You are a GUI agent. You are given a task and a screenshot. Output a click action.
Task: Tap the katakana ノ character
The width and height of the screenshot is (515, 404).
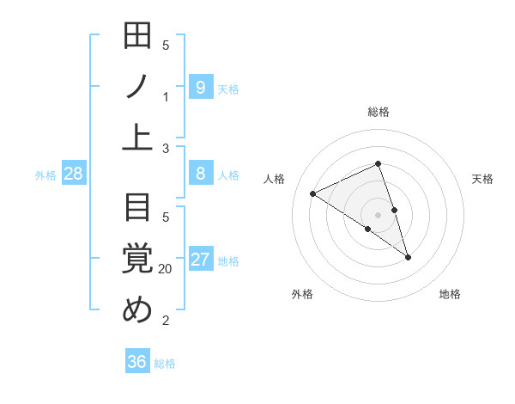[x=137, y=87]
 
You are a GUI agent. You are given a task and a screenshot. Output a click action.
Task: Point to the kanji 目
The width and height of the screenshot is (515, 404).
[x=137, y=207]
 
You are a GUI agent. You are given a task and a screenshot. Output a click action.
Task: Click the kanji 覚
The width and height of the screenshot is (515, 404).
[x=137, y=259]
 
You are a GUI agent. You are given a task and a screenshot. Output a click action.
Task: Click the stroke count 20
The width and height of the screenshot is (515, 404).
[x=166, y=269]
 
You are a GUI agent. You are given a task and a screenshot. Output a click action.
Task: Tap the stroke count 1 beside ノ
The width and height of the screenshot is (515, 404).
[x=166, y=97]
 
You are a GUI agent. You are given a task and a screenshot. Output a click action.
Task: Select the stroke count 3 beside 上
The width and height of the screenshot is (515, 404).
[x=166, y=149]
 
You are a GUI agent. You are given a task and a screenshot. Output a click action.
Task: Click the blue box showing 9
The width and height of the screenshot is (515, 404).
[x=200, y=87]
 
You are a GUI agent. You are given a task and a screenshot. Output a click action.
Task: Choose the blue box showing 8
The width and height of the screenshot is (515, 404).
[x=200, y=174]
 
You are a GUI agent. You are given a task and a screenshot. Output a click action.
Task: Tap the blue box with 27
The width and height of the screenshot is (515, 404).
[x=200, y=260]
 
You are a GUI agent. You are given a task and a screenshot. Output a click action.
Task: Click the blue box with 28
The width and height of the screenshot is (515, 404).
[x=74, y=174]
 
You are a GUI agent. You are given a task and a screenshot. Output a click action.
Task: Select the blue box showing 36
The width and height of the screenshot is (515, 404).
[x=137, y=362]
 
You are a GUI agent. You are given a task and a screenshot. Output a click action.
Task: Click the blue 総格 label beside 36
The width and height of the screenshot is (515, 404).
[x=165, y=364]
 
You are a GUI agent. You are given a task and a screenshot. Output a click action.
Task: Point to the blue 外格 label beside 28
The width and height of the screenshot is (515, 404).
[x=45, y=175]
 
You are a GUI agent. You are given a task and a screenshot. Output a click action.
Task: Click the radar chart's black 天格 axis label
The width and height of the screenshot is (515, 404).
[x=483, y=179]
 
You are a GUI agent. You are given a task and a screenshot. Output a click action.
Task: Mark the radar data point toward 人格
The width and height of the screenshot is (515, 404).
[x=312, y=194]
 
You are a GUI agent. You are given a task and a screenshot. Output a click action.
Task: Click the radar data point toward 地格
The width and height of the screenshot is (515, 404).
[x=408, y=257]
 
